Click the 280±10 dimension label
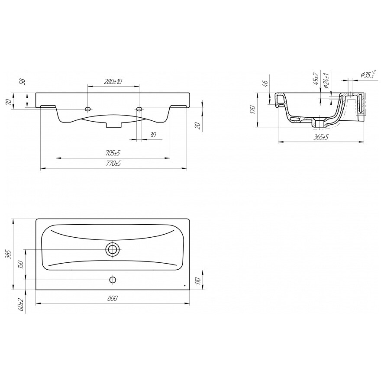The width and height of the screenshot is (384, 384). tap(113, 81)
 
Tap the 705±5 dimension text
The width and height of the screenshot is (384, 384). tap(113, 153)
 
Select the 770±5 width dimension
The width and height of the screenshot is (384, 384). tap(113, 163)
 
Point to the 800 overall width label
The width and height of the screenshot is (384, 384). tap(113, 298)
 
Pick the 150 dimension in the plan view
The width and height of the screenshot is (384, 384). tap(21, 265)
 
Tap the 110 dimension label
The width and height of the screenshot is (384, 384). tap(199, 280)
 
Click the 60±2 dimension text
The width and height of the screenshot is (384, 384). tap(21, 305)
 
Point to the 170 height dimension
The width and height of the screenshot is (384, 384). tap(253, 110)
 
